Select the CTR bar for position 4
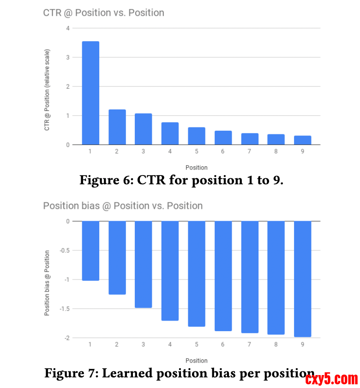(x=170, y=133)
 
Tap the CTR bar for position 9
(x=303, y=140)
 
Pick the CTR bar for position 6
(x=223, y=138)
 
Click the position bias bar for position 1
(x=90, y=251)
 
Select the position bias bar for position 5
(x=197, y=274)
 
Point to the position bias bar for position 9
(x=303, y=279)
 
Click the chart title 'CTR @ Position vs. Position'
(x=103, y=12)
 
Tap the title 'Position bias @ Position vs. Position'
(x=123, y=206)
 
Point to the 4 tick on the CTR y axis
(x=68, y=28)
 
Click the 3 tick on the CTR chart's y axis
(x=68, y=57)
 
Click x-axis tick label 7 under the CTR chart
(x=250, y=152)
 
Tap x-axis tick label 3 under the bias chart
(x=144, y=345)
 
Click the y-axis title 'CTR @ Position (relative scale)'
(x=47, y=90)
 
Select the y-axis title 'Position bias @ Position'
(x=47, y=283)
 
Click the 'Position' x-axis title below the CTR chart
(x=197, y=167)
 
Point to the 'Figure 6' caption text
(x=181, y=180)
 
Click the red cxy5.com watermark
(x=331, y=379)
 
